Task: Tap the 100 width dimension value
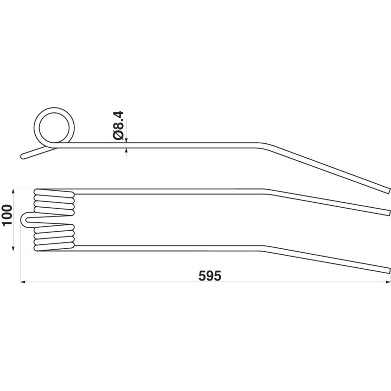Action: pyautogui.click(x=7, y=216)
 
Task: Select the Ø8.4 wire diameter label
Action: pyautogui.click(x=118, y=126)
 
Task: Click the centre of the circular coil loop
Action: pyautogui.click(x=54, y=128)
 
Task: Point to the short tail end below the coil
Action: pyautogui.click(x=22, y=156)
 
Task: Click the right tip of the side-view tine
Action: pyautogui.click(x=389, y=190)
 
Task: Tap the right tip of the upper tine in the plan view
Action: pyautogui.click(x=389, y=213)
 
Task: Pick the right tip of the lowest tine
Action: pyautogui.click(x=389, y=270)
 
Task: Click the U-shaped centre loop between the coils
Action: pyautogui.click(x=22, y=219)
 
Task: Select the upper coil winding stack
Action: pyautogui.click(x=54, y=202)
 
